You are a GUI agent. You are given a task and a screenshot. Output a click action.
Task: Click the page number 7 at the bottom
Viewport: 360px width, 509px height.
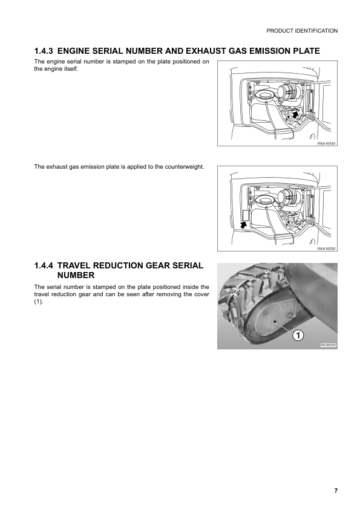[x=336, y=490]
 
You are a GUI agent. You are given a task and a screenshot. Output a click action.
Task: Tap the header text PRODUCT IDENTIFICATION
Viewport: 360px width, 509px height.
[x=301, y=30]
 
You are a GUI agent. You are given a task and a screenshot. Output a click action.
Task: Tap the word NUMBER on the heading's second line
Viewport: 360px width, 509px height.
[x=77, y=275]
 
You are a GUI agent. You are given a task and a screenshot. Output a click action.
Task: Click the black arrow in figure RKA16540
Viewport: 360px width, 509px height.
[x=295, y=113]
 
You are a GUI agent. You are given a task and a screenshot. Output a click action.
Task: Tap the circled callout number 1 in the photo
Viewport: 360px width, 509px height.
[x=298, y=334]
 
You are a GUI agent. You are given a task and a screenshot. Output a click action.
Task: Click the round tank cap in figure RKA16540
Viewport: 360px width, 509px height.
[x=264, y=96]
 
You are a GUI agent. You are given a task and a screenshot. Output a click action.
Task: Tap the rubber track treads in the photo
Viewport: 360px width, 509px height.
[x=242, y=290]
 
